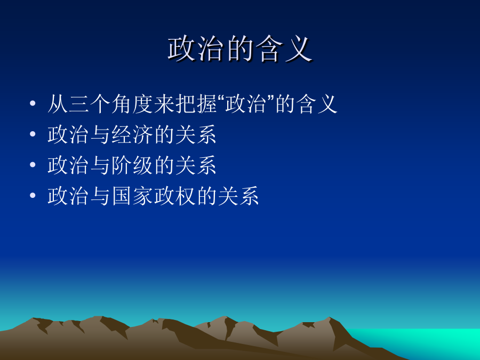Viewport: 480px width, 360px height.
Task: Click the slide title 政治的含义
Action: tap(240, 49)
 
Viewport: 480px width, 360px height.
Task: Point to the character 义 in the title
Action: tap(298, 49)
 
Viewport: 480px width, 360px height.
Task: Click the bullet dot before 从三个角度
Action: tap(33, 103)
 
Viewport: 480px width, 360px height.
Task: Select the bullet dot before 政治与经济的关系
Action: tap(33, 134)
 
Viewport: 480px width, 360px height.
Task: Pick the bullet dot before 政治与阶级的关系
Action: tap(33, 165)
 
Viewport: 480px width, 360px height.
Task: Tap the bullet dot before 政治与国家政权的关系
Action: tap(33, 195)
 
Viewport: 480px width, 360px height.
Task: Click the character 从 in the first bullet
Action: tap(58, 104)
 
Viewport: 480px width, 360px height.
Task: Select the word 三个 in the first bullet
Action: tap(90, 104)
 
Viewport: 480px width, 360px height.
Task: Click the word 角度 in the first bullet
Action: tap(132, 104)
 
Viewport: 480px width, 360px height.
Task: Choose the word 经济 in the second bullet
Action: tap(132, 135)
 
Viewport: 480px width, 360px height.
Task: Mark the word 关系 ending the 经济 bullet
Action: tap(196, 135)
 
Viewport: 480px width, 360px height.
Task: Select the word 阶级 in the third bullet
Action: tap(132, 165)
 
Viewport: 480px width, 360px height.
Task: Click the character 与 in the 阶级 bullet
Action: tap(100, 165)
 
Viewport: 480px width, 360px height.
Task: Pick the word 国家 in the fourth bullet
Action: tap(132, 196)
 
